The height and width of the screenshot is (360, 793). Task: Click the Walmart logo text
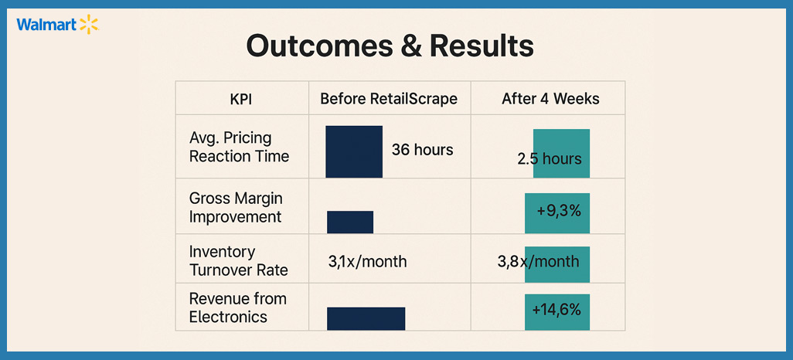(x=46, y=25)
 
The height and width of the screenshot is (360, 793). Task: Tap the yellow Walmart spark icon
(x=89, y=25)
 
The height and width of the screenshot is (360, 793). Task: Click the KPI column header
(x=240, y=99)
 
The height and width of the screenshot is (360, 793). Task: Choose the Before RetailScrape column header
(x=389, y=99)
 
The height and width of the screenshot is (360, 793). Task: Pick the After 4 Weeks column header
(x=550, y=99)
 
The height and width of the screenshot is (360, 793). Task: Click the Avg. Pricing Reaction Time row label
(x=239, y=147)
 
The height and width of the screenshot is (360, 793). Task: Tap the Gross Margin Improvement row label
(x=235, y=208)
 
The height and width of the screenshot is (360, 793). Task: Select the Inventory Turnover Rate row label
(x=238, y=261)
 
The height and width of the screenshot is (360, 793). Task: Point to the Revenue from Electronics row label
(x=237, y=307)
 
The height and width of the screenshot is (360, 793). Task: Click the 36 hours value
(x=422, y=150)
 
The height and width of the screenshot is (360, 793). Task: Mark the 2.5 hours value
(x=550, y=160)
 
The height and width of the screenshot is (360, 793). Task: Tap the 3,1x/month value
(x=367, y=262)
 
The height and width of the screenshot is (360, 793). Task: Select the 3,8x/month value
(x=538, y=261)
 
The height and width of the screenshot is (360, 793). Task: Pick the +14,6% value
(x=556, y=310)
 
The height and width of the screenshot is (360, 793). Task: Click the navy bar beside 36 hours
(x=354, y=151)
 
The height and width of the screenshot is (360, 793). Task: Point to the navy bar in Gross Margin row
(x=350, y=222)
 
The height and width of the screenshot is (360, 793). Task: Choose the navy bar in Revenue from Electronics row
(x=366, y=318)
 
